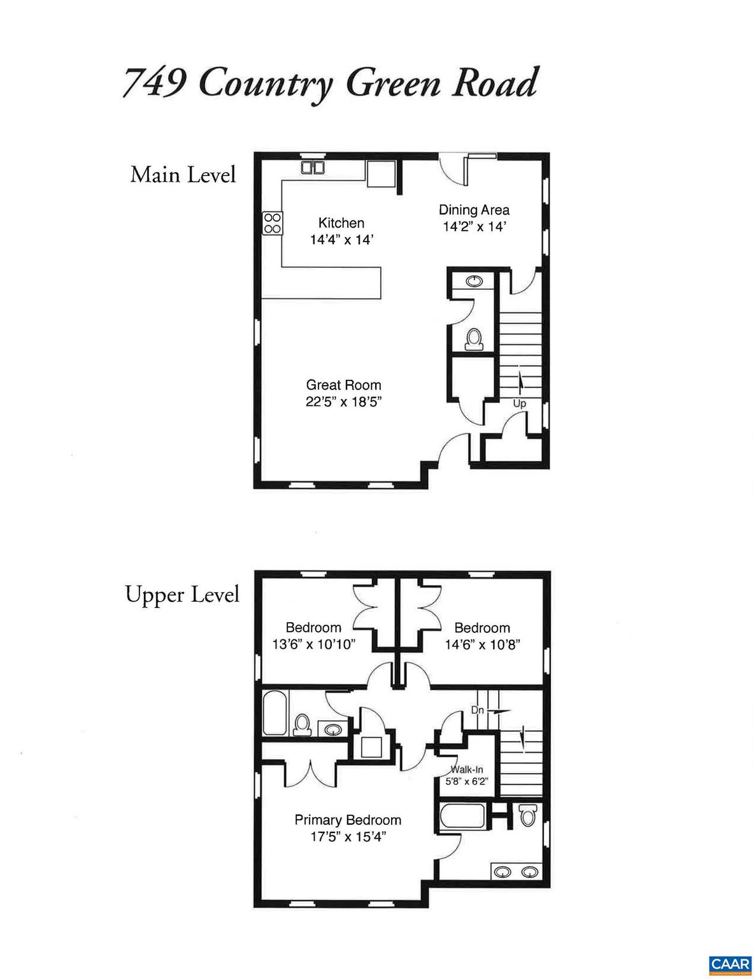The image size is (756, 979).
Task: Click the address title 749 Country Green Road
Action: click(x=330, y=83)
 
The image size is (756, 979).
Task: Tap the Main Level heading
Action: click(x=183, y=174)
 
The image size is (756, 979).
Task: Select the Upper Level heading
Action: click(x=182, y=594)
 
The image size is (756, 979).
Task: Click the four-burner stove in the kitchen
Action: click(x=273, y=223)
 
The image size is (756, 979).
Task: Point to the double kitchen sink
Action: click(x=313, y=168)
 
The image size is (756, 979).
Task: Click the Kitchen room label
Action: click(x=341, y=222)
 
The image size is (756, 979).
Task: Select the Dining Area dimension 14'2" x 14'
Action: click(x=474, y=227)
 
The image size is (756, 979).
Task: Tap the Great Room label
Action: click(x=343, y=385)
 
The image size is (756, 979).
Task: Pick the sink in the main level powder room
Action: click(x=474, y=281)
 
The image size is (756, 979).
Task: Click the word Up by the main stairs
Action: click(x=519, y=403)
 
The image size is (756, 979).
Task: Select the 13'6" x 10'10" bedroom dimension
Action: click(x=313, y=644)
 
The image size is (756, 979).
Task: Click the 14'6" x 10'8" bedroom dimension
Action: click(x=482, y=644)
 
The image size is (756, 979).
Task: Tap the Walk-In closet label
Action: click(x=466, y=769)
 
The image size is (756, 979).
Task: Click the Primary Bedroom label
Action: click(x=348, y=820)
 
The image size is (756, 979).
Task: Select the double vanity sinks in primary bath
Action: click(x=516, y=872)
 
